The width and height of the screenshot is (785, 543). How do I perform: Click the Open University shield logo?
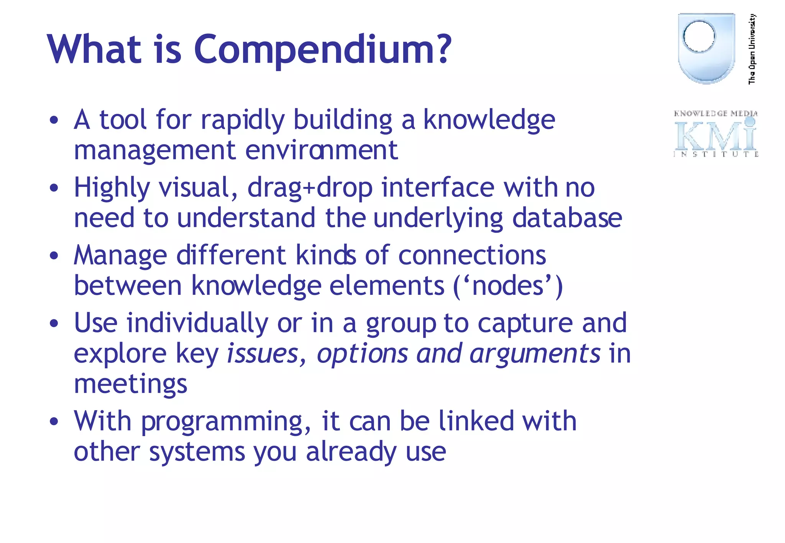coord(706,48)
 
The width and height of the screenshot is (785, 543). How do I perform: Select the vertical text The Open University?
coord(752,49)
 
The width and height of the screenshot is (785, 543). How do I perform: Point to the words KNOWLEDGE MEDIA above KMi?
coord(716,113)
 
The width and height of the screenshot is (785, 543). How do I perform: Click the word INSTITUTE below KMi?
coord(716,154)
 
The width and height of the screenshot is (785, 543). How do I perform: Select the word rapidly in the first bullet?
coord(243,121)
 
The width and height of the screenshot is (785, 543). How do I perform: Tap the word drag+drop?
coord(310,188)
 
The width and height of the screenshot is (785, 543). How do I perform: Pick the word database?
coord(567,218)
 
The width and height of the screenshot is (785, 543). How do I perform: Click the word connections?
coord(472,255)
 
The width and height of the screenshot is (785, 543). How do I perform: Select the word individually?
coord(197,324)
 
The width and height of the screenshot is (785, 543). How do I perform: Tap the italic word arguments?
coord(535,354)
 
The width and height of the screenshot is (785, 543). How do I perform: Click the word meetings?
coord(130,384)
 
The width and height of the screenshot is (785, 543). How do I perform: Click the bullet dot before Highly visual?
coord(54,188)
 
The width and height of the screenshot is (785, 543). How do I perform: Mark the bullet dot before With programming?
coord(54,422)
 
